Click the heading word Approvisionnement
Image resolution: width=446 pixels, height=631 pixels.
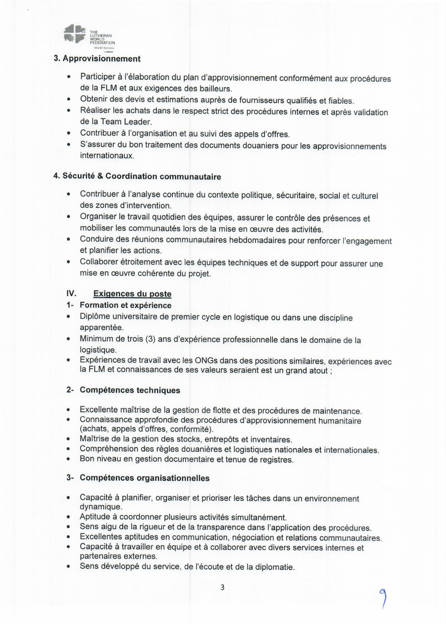coord(101,59)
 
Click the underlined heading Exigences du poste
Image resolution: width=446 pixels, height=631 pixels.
coord(132,294)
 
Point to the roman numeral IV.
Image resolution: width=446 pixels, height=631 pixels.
coord(71,294)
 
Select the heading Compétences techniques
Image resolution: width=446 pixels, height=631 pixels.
coord(130,391)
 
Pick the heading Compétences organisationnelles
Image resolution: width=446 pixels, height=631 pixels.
coord(145,478)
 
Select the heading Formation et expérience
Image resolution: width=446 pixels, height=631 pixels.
coord(125,305)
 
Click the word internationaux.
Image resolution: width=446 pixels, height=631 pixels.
coord(107,156)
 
